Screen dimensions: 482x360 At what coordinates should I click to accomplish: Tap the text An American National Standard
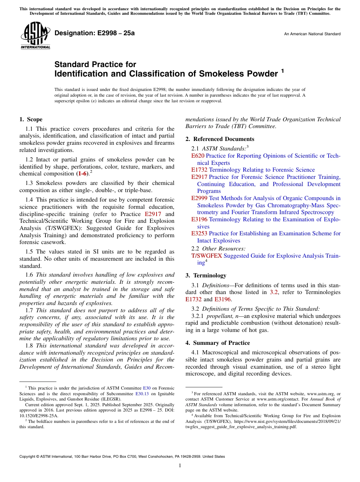tap(312, 34)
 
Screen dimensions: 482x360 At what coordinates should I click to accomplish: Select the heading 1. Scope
tap(31, 119)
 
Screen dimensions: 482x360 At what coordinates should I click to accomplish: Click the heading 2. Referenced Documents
tap(220, 139)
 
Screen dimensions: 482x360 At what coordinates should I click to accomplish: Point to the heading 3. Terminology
tap(206, 275)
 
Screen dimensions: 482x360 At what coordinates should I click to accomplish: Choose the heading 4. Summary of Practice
tap(218, 343)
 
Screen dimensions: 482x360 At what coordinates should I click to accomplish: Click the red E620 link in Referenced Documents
tap(198, 156)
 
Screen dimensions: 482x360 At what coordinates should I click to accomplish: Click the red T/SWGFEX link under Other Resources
tap(207, 256)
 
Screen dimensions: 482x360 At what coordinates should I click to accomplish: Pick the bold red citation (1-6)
tap(82, 174)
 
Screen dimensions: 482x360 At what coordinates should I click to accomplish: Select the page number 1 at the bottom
tap(180, 466)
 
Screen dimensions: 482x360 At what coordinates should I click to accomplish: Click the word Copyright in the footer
tap(28, 457)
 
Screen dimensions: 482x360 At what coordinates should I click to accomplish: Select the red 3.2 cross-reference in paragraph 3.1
tap(274, 292)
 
